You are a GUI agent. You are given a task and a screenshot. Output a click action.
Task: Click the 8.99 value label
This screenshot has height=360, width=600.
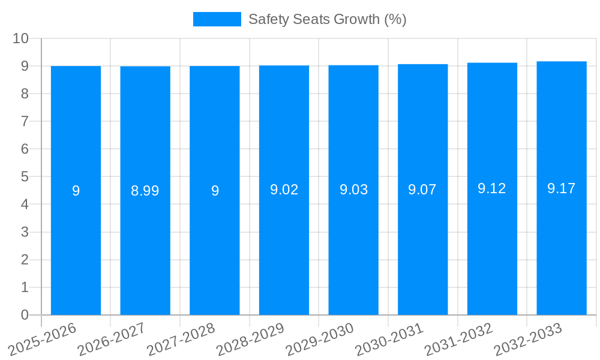click(145, 191)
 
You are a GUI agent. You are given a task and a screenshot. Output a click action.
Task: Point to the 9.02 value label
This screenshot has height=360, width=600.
click(284, 190)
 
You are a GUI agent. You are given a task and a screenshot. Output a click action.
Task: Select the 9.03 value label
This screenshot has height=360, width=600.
click(353, 190)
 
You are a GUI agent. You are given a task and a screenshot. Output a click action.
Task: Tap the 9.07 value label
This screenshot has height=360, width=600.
click(422, 190)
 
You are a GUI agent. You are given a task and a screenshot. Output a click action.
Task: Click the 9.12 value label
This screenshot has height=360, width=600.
click(492, 188)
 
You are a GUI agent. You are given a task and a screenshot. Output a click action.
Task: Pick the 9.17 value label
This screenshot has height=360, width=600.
click(562, 188)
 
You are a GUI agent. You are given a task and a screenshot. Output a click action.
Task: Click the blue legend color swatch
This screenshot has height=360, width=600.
click(217, 19)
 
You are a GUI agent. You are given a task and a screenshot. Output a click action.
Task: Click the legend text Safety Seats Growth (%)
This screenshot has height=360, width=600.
click(327, 19)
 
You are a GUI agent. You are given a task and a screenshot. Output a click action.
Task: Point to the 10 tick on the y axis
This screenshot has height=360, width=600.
click(21, 38)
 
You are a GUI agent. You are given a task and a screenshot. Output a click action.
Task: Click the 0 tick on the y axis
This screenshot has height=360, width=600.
click(25, 315)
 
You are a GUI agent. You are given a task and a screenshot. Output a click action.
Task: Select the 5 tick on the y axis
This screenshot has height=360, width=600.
click(25, 177)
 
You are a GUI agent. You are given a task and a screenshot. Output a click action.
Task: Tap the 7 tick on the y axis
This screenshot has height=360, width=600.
click(25, 121)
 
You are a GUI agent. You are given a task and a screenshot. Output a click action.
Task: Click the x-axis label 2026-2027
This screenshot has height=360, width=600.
click(111, 340)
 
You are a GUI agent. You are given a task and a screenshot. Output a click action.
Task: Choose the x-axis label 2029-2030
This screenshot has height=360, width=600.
click(319, 340)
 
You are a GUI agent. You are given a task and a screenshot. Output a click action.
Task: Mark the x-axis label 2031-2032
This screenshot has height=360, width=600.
click(458, 340)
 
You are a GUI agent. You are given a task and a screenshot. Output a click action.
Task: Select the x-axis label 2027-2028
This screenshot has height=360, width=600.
click(181, 340)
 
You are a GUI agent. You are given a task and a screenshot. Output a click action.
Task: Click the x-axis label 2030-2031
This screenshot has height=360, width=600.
click(389, 340)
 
